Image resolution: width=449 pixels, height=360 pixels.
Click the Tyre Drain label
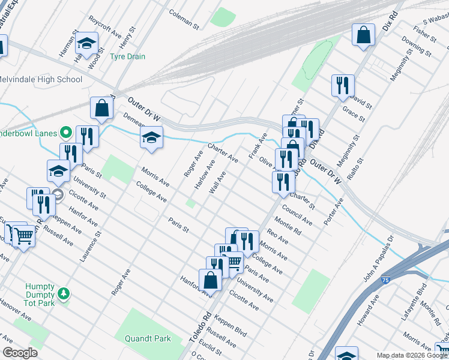pyautogui.click(x=127, y=57)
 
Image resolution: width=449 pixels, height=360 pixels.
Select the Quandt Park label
pyautogui.click(x=148, y=338)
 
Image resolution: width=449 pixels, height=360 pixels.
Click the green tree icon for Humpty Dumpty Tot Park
pyautogui.click(x=63, y=294)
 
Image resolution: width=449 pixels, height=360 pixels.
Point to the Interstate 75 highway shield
pyautogui.click(x=384, y=280)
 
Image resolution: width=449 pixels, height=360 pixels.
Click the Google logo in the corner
pyautogui.click(x=20, y=353)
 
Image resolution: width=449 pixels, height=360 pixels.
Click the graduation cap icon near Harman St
pyautogui.click(x=86, y=42)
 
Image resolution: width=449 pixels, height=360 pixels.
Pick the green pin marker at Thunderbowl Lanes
pyautogui.click(x=66, y=133)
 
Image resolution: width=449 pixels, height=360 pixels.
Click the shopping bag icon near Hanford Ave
pyautogui.click(x=211, y=279)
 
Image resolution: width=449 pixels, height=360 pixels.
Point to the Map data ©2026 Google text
pyautogui.click(x=412, y=355)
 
